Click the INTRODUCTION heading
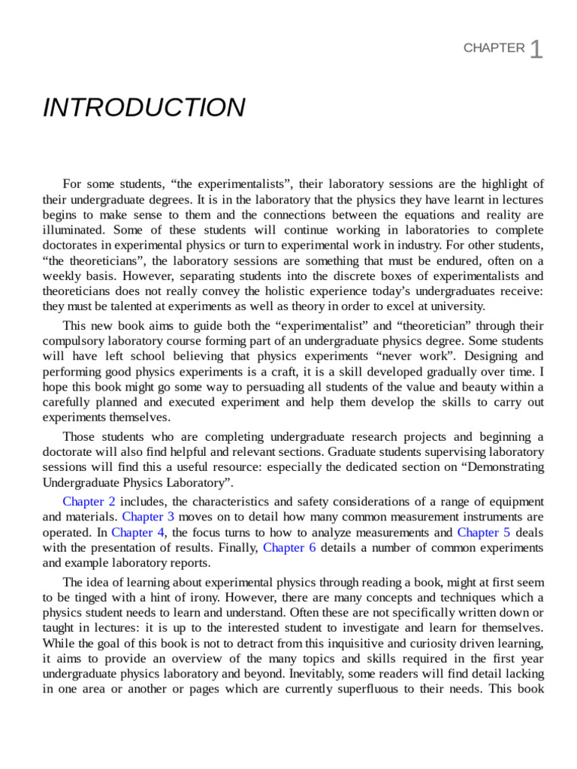[143, 108]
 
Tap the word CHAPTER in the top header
[494, 48]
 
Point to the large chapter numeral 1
[536, 50]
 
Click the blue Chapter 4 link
[137, 532]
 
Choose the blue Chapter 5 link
[483, 532]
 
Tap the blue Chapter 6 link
[289, 547]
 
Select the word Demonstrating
[507, 466]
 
